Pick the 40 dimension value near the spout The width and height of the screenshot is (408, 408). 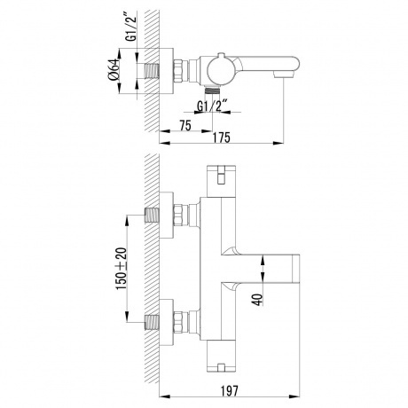pos(255,300)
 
